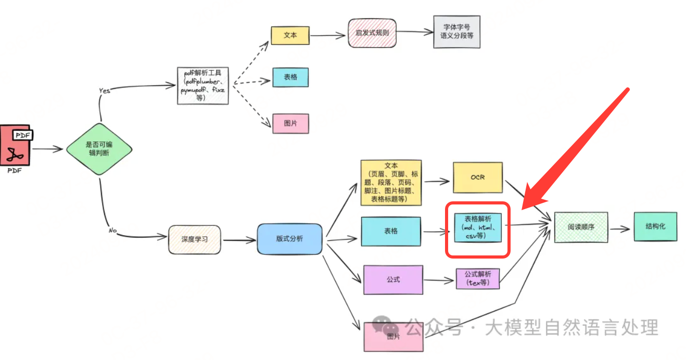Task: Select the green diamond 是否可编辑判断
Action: point(98,149)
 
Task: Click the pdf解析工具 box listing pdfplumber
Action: point(202,85)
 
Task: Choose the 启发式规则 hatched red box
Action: point(372,33)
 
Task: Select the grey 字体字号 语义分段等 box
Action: point(456,32)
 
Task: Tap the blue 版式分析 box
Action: point(289,239)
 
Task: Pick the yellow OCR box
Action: point(477,177)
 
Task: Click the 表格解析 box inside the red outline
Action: point(477,227)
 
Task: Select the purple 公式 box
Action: point(393,280)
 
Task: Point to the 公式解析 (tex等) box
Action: point(477,278)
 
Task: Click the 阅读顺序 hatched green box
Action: point(581,227)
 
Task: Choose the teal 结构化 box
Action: point(655,226)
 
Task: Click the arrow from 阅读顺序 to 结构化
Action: point(620,228)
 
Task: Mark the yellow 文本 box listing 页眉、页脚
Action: point(391,183)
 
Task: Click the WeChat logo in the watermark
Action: point(386,327)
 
